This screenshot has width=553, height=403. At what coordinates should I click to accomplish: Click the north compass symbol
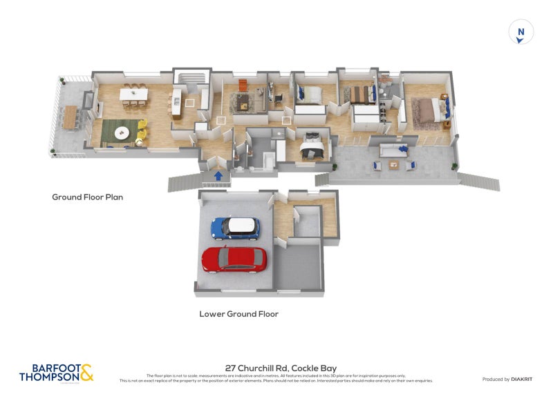click(x=521, y=32)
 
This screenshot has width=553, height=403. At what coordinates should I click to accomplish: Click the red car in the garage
click(x=233, y=259)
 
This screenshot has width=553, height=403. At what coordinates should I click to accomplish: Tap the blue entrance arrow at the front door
click(x=218, y=176)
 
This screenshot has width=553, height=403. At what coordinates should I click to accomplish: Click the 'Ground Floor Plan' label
click(x=87, y=197)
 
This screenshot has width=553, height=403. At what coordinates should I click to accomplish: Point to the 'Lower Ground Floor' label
click(x=238, y=314)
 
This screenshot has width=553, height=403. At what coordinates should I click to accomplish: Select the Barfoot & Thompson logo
click(x=55, y=373)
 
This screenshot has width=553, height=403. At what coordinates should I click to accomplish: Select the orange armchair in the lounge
click(x=243, y=85)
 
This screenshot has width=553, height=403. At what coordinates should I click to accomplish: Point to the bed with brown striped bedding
click(x=360, y=94)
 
